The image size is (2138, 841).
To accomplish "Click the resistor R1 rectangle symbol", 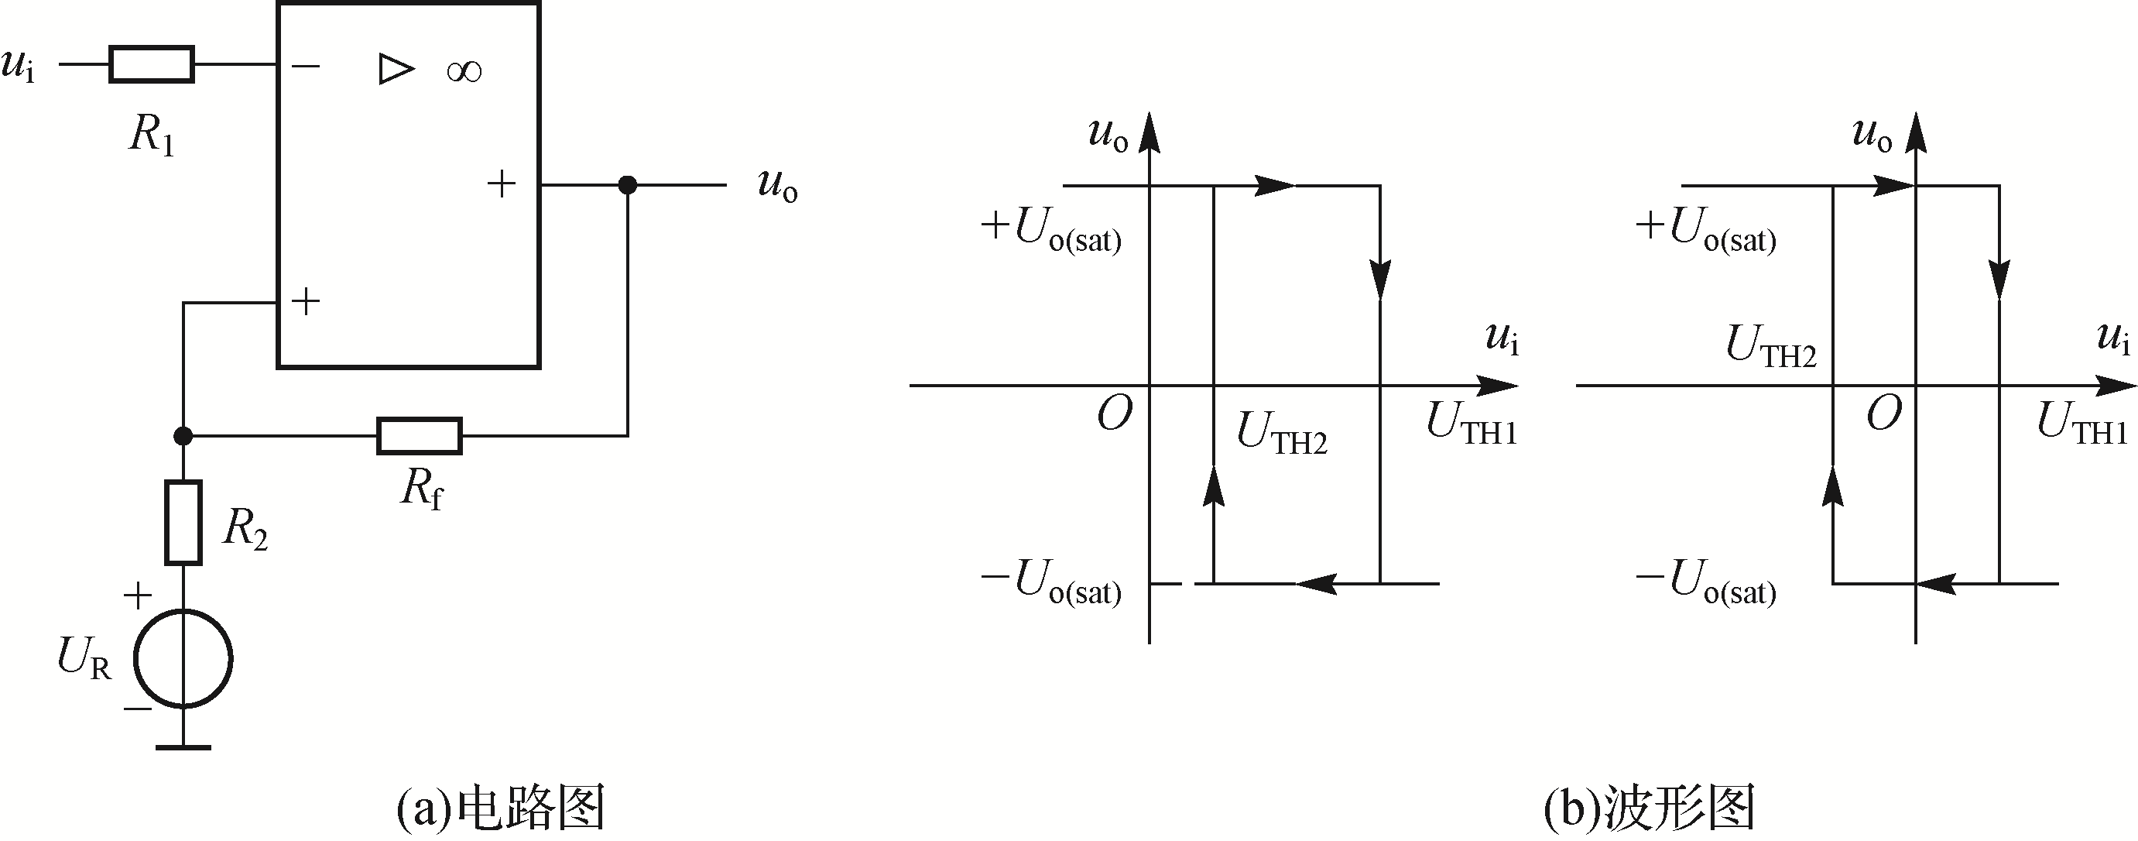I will coord(151,65).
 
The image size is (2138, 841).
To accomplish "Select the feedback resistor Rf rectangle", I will coord(419,436).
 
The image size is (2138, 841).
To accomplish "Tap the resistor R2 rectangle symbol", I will coord(183,522).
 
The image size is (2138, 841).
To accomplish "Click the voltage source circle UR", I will coord(183,659).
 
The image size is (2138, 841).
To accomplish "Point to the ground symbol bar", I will coord(183,748).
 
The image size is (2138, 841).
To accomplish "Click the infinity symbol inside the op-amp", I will coord(464,71).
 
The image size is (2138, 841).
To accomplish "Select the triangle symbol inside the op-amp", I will coord(395,69).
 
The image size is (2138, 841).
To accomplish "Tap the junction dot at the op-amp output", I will coord(628,184).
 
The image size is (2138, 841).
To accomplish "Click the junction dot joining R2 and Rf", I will coord(183,436).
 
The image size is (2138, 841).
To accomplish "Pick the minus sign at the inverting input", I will coord(307,66).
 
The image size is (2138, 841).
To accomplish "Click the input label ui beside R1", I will coord(19,65).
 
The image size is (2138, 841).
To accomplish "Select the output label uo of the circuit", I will coord(778,184).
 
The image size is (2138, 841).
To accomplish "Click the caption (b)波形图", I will coord(1649,807).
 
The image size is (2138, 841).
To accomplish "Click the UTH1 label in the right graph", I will coord(2081,424).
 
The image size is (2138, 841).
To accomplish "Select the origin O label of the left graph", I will coord(1114,414).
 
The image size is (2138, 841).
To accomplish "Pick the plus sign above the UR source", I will coord(138,596).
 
